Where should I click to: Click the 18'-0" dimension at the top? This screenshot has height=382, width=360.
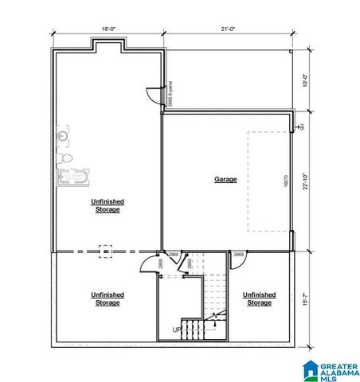(x=108, y=29)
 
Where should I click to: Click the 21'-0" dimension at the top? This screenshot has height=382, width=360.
(x=228, y=29)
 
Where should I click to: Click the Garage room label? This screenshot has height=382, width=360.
(x=225, y=179)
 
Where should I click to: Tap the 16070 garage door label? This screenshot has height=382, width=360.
(x=286, y=180)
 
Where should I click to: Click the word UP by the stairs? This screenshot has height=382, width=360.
(x=177, y=329)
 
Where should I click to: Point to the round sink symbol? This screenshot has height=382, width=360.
(x=63, y=136)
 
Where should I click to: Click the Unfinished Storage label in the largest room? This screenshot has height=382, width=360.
(x=107, y=205)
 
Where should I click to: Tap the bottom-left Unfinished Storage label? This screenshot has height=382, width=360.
(x=108, y=298)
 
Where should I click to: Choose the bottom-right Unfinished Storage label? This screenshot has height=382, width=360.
(x=259, y=298)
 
